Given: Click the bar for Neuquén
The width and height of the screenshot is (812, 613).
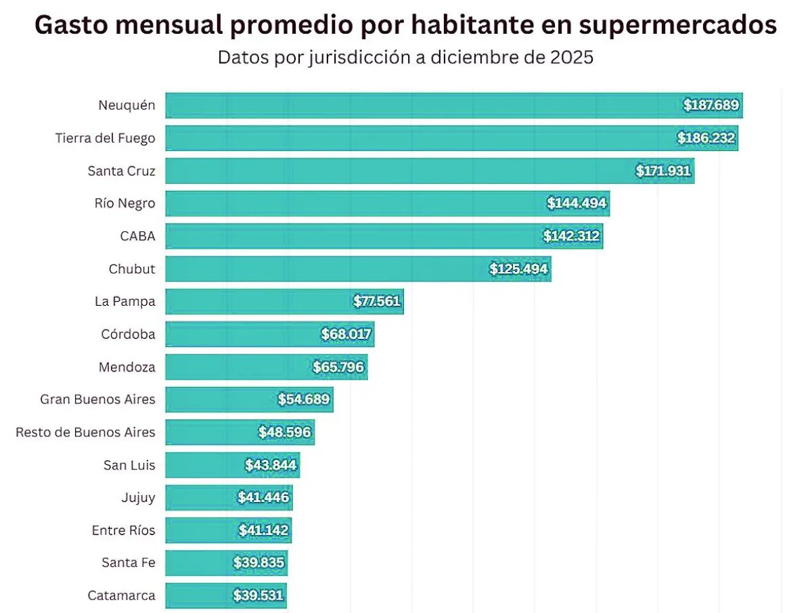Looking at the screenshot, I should (420, 106).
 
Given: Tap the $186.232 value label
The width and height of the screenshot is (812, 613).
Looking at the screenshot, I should (706, 138).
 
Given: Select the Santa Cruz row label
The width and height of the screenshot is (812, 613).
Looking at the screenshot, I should (122, 171).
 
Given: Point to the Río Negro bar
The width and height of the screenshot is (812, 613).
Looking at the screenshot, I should (352, 204).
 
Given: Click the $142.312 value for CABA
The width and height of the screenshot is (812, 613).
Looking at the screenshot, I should (572, 236).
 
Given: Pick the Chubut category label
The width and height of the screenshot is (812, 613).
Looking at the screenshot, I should (132, 269).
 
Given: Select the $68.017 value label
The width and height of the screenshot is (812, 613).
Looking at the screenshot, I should (346, 334).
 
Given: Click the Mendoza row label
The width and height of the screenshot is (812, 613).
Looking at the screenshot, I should (127, 367).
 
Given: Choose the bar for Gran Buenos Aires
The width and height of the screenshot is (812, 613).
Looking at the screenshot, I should (223, 400).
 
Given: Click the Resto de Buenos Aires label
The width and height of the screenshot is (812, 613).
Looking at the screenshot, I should (85, 432).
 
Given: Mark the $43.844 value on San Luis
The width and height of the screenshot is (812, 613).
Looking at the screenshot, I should (271, 466).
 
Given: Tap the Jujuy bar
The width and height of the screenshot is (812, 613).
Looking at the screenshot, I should (203, 498).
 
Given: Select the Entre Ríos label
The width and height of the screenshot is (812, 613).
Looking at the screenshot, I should (123, 530).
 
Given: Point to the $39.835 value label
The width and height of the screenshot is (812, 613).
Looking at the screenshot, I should (259, 563).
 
